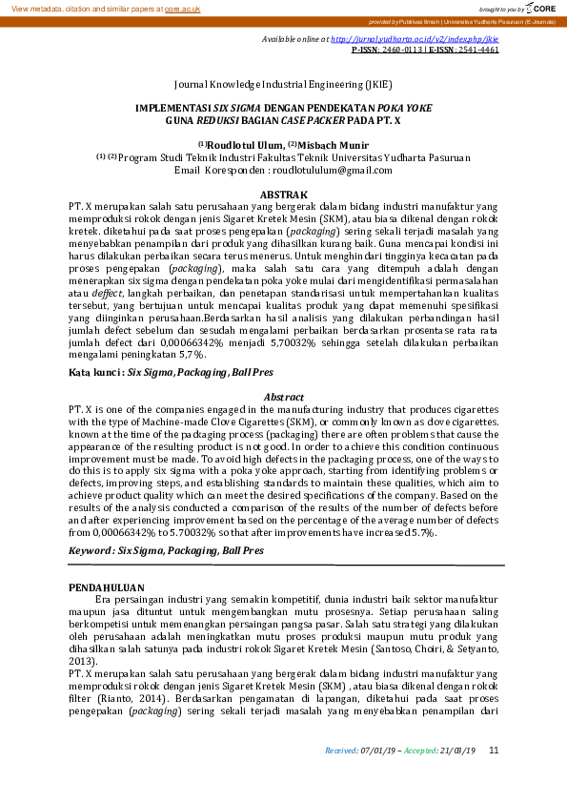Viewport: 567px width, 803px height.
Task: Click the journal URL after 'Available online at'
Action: pos(415,40)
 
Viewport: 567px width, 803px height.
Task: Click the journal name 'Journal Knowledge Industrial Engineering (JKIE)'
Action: pos(283,84)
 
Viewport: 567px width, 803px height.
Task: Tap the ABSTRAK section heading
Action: pos(283,194)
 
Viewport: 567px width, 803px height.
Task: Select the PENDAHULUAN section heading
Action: pos(107,587)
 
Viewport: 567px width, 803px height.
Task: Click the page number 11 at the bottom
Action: pos(494,751)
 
